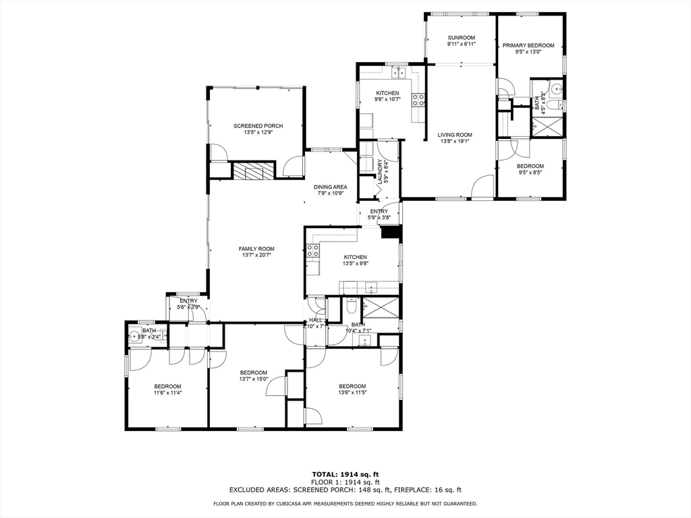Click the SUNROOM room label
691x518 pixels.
(x=462, y=38)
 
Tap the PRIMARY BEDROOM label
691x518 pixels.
(x=528, y=46)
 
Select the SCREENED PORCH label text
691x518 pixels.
(x=258, y=126)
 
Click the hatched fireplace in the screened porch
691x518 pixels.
(x=254, y=171)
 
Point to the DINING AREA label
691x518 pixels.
(x=331, y=187)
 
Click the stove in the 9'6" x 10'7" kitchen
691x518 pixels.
(x=418, y=100)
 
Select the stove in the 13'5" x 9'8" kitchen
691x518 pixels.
(x=313, y=250)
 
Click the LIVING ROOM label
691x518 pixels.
(x=455, y=135)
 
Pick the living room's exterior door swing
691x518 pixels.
(x=483, y=187)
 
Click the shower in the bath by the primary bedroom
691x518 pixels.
(x=547, y=125)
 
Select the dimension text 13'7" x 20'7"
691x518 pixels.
(x=256, y=256)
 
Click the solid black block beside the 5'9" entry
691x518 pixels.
(x=391, y=233)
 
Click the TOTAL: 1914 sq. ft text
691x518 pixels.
(x=345, y=474)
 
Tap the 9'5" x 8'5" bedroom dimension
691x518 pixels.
(x=530, y=173)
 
